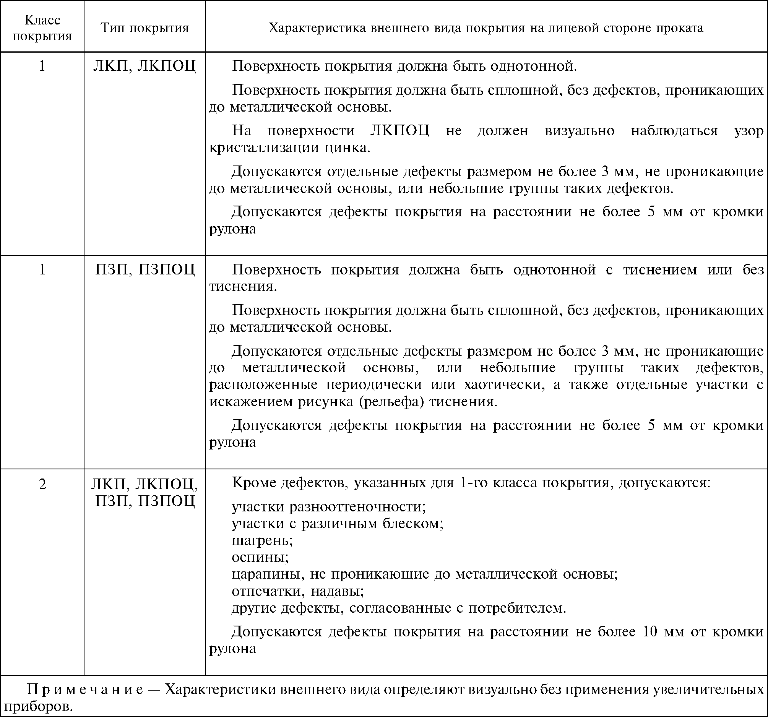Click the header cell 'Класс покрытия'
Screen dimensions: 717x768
42,28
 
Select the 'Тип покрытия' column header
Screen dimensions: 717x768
145,28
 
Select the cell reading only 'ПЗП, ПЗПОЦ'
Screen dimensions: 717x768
145,269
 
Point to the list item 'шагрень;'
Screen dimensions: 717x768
262,540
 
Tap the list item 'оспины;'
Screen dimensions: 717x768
260,557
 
